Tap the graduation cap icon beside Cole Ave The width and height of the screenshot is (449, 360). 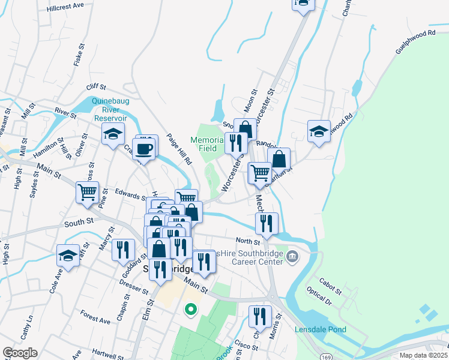pyautogui.click(x=68, y=255)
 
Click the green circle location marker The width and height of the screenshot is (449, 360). pyautogui.click(x=191, y=310)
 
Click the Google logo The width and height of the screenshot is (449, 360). pyautogui.click(x=20, y=353)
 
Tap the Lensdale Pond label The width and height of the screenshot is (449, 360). pyautogui.click(x=321, y=329)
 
